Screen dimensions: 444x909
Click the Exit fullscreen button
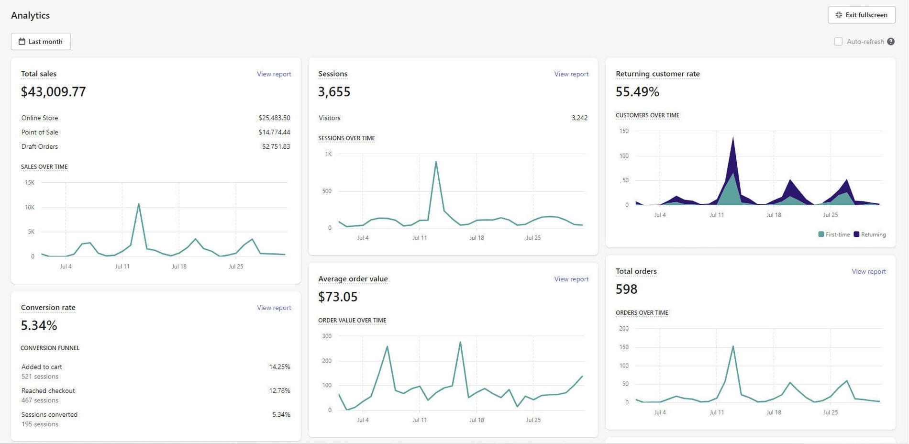pos(861,15)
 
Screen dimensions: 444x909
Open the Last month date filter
pos(41,42)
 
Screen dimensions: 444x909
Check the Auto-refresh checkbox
pos(838,42)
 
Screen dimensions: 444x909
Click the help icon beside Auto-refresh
pos(890,42)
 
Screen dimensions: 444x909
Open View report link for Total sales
pos(274,74)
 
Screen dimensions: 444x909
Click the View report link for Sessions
pos(571,74)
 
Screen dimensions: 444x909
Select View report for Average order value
pos(571,279)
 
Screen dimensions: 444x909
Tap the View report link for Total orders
pos(868,272)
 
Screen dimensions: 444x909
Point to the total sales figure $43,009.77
pos(54,92)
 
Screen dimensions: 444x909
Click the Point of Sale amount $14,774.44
pos(274,133)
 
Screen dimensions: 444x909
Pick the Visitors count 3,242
pos(579,118)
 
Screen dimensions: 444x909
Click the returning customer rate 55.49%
pos(637,92)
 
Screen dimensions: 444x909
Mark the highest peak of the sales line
pos(139,204)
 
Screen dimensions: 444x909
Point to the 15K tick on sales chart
pos(30,183)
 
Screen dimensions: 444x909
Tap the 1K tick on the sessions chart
pos(328,154)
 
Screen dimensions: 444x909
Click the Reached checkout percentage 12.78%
pos(279,391)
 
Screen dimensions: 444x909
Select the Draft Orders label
pos(40,147)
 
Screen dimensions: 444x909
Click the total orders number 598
pos(626,289)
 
